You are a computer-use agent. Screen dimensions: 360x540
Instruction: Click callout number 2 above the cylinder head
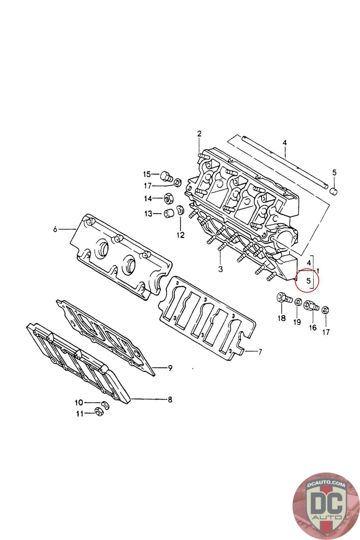pyautogui.click(x=199, y=133)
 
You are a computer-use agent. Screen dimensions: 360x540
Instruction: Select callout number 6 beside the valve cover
pyautogui.click(x=55, y=230)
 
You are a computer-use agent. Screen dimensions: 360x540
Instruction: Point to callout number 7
pyautogui.click(x=260, y=352)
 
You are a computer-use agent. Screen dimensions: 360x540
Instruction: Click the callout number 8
pyautogui.click(x=170, y=400)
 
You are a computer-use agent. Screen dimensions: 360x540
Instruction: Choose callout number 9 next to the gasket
pyautogui.click(x=170, y=368)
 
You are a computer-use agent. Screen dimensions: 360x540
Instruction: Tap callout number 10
pyautogui.click(x=79, y=402)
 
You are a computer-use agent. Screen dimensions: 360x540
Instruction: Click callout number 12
pyautogui.click(x=181, y=235)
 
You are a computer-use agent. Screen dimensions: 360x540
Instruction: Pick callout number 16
pyautogui.click(x=313, y=327)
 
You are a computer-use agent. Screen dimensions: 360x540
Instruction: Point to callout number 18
pyautogui.click(x=281, y=318)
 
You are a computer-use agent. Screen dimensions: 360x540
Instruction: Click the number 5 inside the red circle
pyautogui.click(x=308, y=280)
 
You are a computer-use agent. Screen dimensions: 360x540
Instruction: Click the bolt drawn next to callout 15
pyautogui.click(x=166, y=176)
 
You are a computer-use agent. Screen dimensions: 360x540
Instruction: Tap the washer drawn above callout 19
pyautogui.click(x=298, y=301)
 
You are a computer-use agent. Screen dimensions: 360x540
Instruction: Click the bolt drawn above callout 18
pyautogui.click(x=283, y=298)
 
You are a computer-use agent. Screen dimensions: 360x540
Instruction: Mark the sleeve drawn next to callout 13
pyautogui.click(x=169, y=213)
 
